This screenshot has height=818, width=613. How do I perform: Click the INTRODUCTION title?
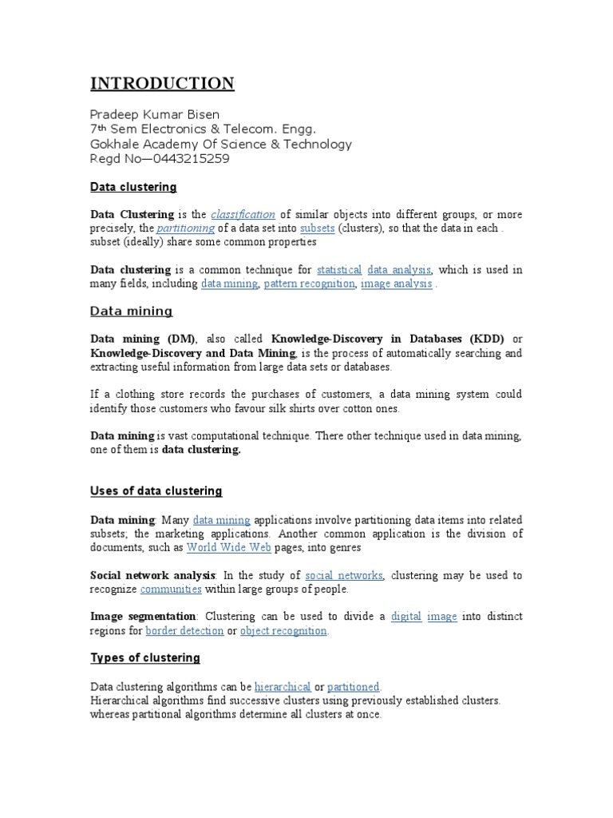162,84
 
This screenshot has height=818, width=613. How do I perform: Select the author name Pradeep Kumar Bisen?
155,115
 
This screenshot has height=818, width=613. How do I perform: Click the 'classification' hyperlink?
243,214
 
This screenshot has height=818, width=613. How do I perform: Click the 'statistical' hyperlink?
339,270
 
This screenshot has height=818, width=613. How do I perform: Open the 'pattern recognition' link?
309,284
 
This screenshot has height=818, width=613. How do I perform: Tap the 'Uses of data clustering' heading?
156,490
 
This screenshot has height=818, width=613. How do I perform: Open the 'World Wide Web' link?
229,547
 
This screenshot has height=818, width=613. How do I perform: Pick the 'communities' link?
171,590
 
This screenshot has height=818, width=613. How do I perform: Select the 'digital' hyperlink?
406,617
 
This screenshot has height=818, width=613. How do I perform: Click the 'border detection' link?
184,631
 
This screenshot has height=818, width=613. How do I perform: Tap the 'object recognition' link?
283,631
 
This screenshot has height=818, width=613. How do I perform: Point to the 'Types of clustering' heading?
145,658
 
